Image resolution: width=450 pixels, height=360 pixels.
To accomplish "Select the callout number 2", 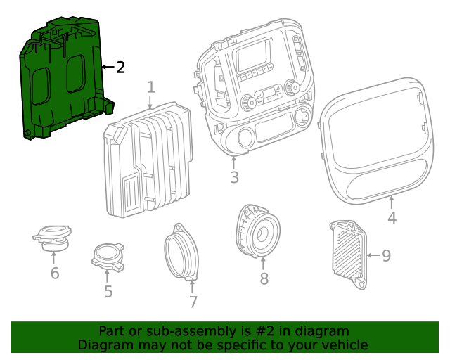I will pos(120,67).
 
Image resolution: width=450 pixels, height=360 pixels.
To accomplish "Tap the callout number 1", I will pos(151,87).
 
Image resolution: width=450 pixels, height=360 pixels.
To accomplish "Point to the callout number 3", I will pos(234,176).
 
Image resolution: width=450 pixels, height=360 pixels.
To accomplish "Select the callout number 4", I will pos(392,218).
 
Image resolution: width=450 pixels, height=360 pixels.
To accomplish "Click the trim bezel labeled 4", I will pos(373,141).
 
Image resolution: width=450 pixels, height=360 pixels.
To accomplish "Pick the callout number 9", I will pos(386,255).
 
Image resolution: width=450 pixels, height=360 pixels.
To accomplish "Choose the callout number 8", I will pos(264,279).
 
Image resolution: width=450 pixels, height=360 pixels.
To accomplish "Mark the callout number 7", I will pos(193,302).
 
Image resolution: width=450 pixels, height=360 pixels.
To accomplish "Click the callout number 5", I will pos(108,291).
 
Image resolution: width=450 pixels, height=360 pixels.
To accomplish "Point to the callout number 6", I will pos(55,274).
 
